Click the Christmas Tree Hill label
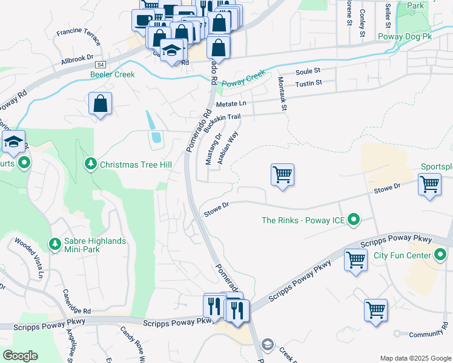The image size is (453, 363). click(x=136, y=165)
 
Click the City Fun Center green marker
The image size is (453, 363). click(x=442, y=255)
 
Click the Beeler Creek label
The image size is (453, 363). click(x=112, y=74)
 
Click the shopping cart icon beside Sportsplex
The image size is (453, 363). click(x=429, y=184)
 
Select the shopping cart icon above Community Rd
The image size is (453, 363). click(x=376, y=310)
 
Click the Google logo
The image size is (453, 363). click(x=20, y=356)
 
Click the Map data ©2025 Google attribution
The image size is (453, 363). click(x=415, y=358)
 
